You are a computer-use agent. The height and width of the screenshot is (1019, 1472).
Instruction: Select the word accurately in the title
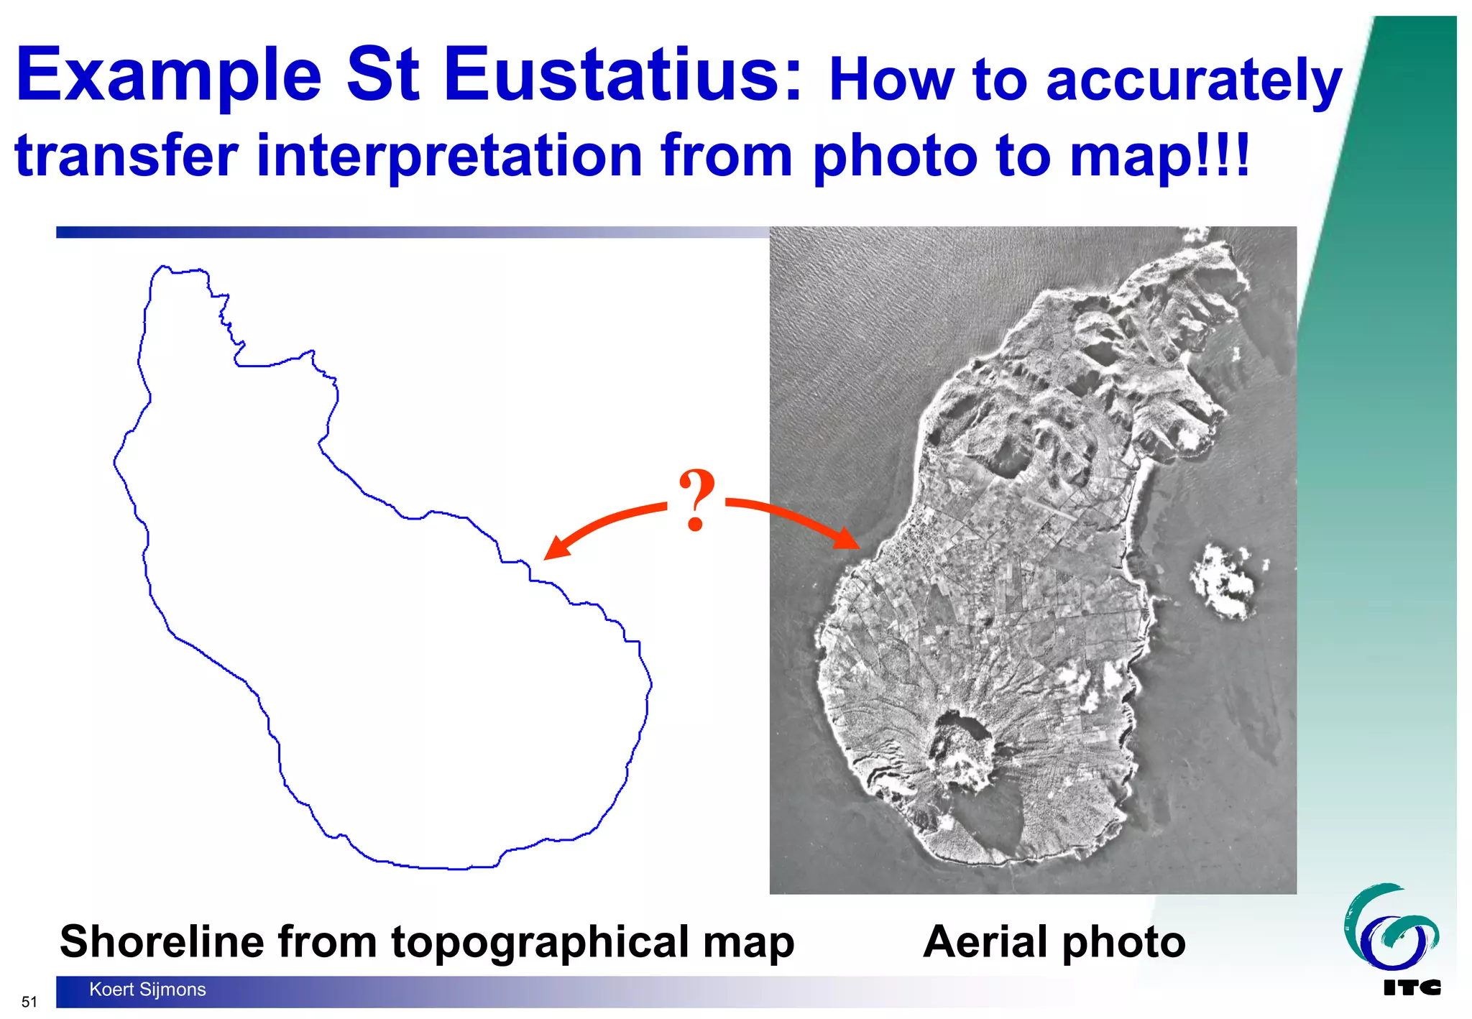(1193, 80)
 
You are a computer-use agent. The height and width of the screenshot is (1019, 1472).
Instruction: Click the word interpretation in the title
(449, 156)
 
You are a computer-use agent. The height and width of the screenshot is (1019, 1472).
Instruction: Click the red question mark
(696, 499)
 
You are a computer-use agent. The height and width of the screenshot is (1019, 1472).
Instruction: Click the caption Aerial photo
(1054, 941)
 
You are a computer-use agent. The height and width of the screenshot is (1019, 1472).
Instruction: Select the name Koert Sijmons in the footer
(147, 990)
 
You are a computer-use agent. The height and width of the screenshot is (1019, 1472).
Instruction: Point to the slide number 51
(29, 1002)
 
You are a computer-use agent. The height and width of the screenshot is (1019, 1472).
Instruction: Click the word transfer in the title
(126, 156)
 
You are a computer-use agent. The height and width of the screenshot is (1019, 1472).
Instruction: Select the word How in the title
(891, 80)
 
